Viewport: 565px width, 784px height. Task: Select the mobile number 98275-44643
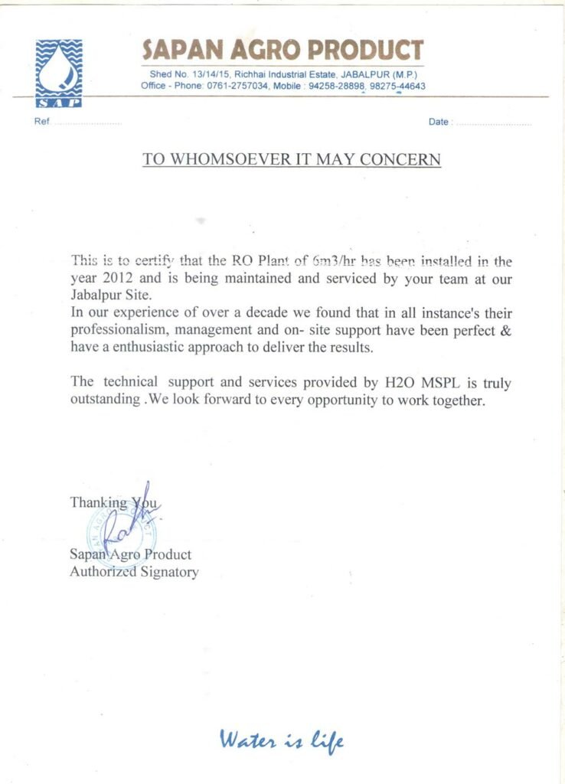click(397, 87)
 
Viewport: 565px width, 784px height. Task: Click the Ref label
click(41, 122)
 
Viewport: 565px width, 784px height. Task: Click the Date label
click(438, 122)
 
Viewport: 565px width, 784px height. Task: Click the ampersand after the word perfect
click(505, 331)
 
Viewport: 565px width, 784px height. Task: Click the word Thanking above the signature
click(99, 502)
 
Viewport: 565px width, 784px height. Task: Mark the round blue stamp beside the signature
click(126, 531)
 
